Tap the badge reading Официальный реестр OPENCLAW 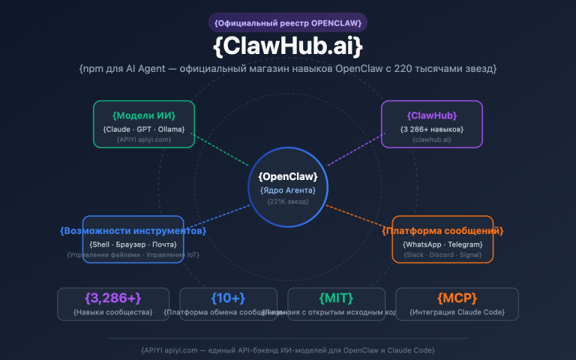click(x=288, y=22)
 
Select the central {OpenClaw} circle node click(x=288, y=187)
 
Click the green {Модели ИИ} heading click(x=144, y=115)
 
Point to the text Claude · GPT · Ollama click(x=144, y=129)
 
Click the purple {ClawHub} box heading click(x=432, y=115)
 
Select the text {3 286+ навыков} click(x=432, y=129)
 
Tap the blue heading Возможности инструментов click(x=133, y=230)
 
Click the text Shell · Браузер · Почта click(x=133, y=244)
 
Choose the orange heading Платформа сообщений click(x=442, y=230)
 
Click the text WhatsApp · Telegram click(x=442, y=244)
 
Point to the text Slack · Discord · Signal click(x=442, y=255)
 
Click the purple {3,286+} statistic click(x=113, y=298)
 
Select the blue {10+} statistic click(x=229, y=298)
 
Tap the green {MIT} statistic click(x=336, y=298)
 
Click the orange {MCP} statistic click(x=457, y=298)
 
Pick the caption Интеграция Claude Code click(x=457, y=311)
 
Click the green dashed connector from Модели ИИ click(x=222, y=150)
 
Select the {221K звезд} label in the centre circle click(x=288, y=201)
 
